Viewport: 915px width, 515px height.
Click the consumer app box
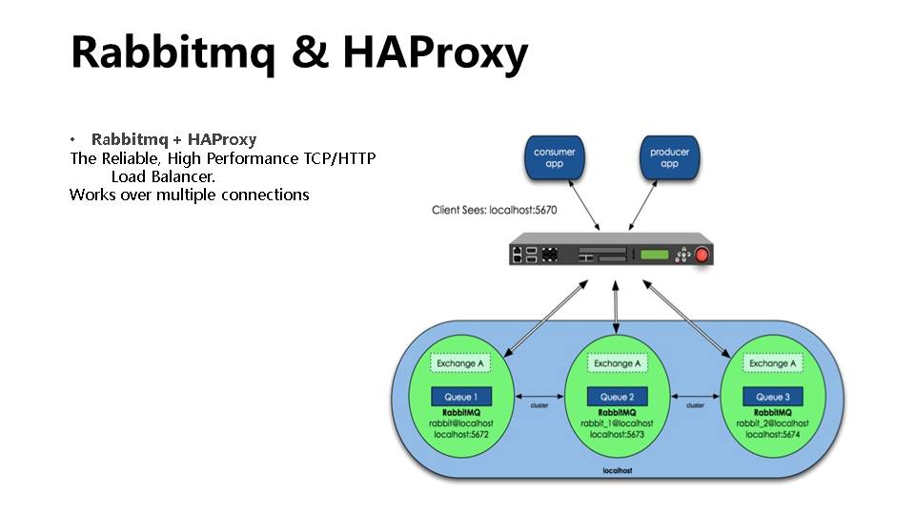coord(554,158)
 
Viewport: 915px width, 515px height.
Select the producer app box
coord(670,158)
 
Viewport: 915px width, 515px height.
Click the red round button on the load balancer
coord(702,255)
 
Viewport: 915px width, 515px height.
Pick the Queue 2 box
coord(617,396)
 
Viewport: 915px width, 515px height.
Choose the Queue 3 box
coord(772,396)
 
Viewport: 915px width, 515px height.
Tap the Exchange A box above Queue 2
coord(617,363)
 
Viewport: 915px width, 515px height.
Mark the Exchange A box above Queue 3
coord(772,363)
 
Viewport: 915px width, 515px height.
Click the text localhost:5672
coord(461,434)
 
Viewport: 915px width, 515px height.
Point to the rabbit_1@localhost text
coord(617,422)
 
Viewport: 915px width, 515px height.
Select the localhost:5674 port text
coord(772,434)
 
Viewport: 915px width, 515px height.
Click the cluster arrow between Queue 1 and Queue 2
coord(539,397)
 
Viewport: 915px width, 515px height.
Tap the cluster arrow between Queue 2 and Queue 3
coord(695,397)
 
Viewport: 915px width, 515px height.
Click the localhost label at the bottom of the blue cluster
coord(617,471)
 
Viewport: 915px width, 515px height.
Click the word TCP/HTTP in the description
coord(339,158)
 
